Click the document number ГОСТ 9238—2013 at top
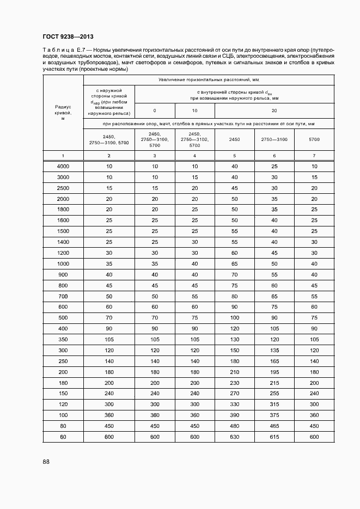68,36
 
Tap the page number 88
46,462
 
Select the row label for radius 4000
63,166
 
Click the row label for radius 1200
63,253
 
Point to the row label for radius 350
63,339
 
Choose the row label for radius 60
63,438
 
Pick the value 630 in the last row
235,438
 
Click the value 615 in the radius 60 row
274,438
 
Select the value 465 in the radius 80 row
274,426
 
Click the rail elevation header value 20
274,111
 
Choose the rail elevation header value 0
155,111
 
